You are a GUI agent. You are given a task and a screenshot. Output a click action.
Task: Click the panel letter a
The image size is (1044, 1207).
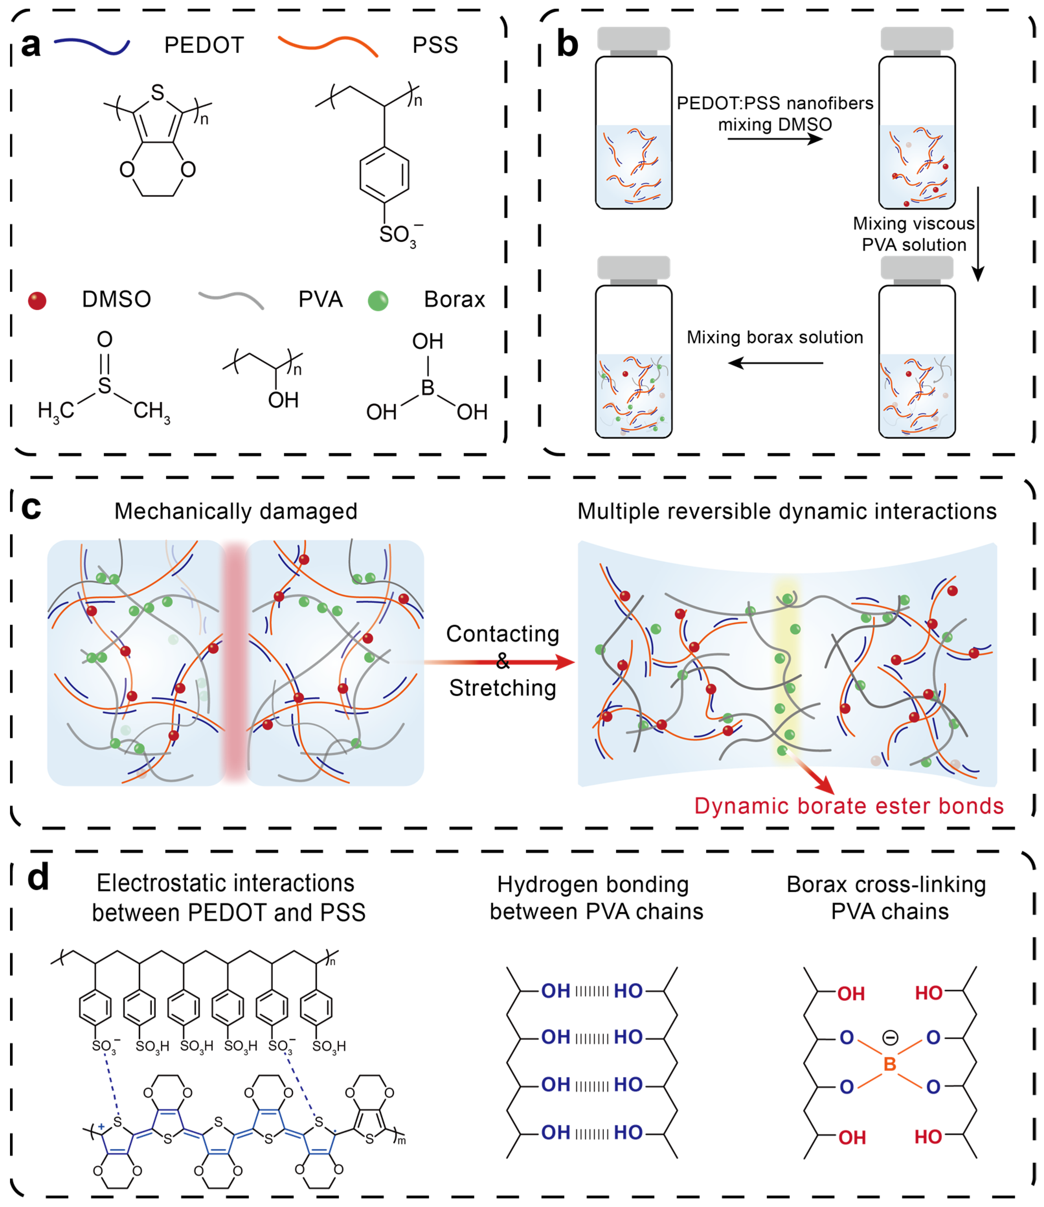(x=30, y=45)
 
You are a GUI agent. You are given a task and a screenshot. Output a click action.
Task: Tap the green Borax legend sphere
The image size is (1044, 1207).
(x=378, y=301)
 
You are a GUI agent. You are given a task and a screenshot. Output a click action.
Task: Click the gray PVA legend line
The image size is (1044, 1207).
(x=231, y=300)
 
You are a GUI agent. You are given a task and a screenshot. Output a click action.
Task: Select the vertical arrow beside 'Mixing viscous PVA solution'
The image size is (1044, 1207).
(x=978, y=233)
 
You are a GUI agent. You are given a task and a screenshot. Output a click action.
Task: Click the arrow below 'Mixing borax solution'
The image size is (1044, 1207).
(x=775, y=363)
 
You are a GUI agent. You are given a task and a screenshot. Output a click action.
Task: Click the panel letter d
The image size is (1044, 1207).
(x=38, y=877)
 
